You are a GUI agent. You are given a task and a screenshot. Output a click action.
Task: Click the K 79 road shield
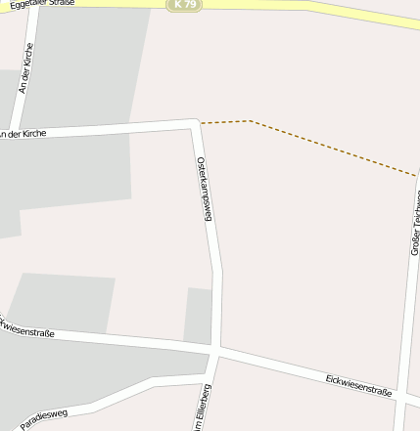click(184, 5)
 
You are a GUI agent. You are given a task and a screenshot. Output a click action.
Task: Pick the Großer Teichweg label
click(416, 220)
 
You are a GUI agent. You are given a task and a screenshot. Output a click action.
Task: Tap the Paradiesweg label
click(44, 416)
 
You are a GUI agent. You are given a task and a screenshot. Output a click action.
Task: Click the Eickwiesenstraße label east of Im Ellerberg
click(358, 384)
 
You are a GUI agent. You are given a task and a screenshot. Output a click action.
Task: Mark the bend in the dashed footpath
click(251, 121)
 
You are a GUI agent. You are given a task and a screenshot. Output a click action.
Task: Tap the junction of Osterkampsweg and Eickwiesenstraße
click(216, 350)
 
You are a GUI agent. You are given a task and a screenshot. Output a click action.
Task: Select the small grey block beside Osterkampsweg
click(199, 315)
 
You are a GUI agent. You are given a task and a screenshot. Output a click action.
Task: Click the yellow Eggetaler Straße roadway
click(294, 5)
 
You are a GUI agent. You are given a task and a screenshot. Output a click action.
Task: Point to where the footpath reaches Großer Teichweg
click(416, 177)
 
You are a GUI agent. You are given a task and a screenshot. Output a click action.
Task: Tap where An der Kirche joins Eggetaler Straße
click(36, 10)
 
